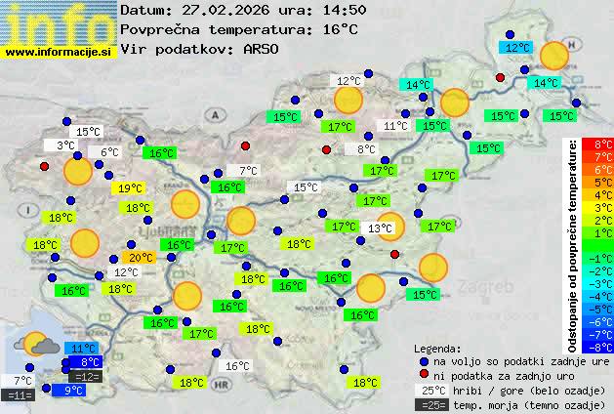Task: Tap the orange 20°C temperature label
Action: point(142,258)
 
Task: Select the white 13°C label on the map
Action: point(380,228)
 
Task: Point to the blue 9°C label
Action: point(74,391)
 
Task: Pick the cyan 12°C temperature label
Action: point(516,47)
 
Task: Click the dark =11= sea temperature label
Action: point(20,395)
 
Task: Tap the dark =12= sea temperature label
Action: point(86,377)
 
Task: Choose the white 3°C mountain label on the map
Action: point(65,145)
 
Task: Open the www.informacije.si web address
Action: point(58,51)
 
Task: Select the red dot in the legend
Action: point(423,375)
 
